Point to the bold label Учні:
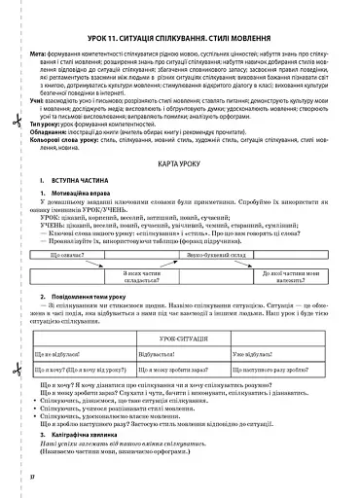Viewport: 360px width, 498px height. tap(39, 99)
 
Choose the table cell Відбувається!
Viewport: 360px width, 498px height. tap(162, 355)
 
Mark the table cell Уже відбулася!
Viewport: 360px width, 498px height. tap(257, 355)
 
